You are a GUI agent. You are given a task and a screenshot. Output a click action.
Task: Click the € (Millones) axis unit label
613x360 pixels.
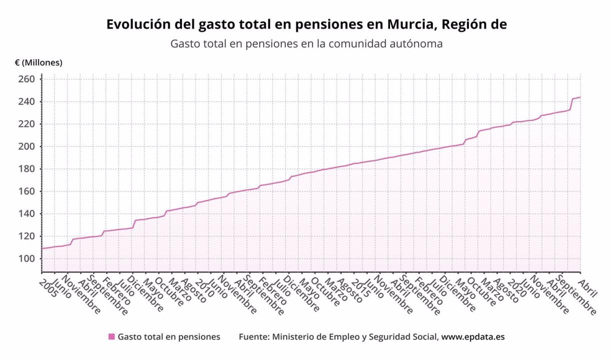38,62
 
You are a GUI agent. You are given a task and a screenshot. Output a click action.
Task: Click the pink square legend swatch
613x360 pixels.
111,337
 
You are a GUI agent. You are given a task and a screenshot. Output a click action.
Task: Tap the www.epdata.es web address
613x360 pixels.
473,337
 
